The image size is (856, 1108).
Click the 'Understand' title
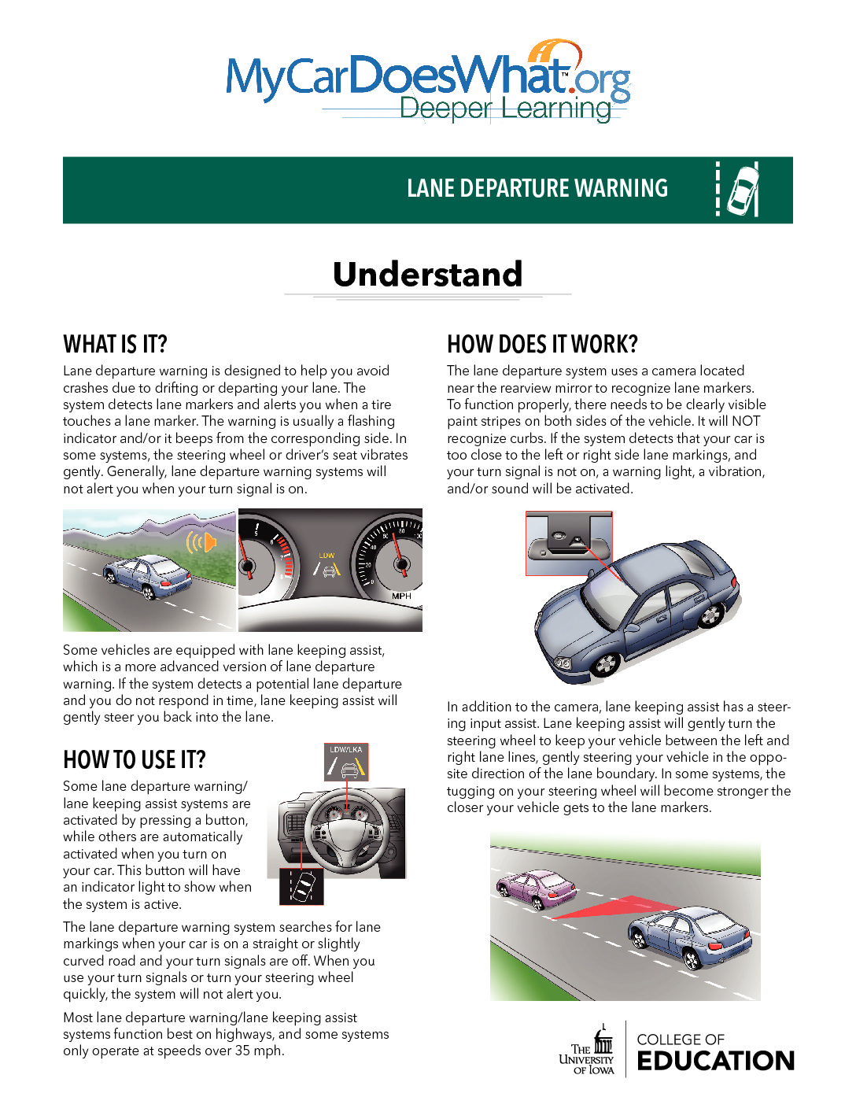pos(427,274)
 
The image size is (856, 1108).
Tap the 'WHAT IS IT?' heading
pos(115,345)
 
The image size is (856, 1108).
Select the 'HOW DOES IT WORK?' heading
pos(542,345)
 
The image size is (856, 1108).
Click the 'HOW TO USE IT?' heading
pos(134,759)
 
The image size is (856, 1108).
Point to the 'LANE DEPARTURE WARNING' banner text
pos(537,189)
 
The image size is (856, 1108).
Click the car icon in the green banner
pos(742,190)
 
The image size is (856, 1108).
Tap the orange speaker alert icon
pos(201,542)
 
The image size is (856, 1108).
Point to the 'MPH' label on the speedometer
pos(401,596)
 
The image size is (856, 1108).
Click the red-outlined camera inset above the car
pos(568,544)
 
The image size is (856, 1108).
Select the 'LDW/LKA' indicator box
pos(346,762)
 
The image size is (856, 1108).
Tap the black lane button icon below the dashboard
pos(301,887)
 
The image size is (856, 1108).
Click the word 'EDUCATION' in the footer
pos(715,1061)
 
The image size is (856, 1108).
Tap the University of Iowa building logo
pos(603,1042)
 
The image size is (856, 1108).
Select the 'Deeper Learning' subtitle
pos(505,108)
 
